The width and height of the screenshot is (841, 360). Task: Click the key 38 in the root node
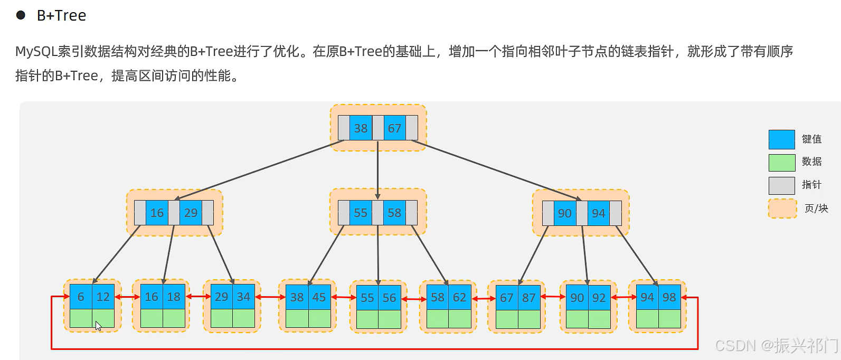[361, 128]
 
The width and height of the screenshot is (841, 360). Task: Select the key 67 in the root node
[394, 128]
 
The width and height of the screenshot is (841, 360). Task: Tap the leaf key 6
[81, 297]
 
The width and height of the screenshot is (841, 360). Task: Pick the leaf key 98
[669, 297]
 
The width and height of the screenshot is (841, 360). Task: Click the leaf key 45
[319, 297]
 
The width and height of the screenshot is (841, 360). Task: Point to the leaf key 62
[459, 297]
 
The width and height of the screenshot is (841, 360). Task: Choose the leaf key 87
[529, 298]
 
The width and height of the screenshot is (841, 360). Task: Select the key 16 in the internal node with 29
[157, 213]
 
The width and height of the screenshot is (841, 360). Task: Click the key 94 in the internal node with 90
[599, 213]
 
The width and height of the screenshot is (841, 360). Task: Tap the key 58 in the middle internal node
[394, 213]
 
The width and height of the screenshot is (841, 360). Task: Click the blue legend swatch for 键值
[782, 140]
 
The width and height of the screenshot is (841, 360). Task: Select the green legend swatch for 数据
[782, 163]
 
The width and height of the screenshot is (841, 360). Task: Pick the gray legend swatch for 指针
[782, 185]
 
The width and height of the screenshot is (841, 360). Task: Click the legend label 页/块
[816, 209]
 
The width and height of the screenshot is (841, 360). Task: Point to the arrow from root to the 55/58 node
[377, 170]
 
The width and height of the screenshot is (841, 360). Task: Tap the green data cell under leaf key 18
[174, 318]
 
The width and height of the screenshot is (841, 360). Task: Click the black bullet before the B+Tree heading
[21, 15]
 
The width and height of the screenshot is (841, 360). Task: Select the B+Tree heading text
[62, 15]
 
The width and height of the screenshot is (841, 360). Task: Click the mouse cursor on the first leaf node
[98, 326]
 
